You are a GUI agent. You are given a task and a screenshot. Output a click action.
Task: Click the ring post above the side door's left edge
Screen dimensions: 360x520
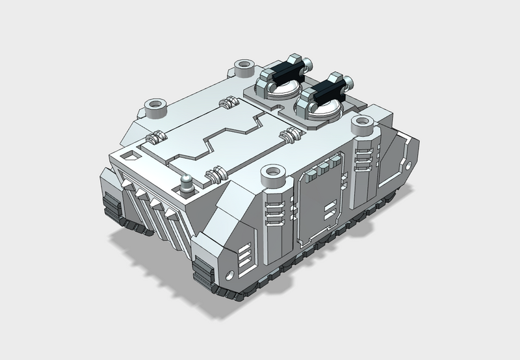coord(272,174)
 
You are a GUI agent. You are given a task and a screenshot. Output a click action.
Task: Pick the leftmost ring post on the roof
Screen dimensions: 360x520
coord(155,105)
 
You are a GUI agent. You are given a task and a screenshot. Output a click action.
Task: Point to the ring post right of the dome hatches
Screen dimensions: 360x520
coord(361,123)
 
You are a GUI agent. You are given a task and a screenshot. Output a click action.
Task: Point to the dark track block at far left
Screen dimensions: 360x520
coord(111,206)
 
